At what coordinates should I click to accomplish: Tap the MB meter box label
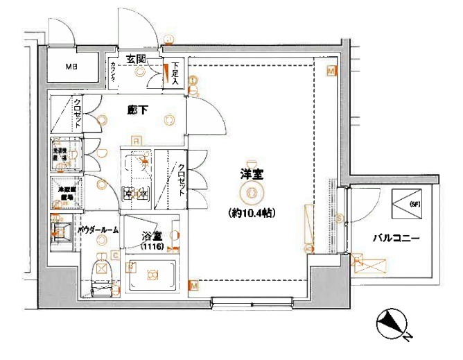pos(71,67)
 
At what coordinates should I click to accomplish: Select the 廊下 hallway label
pos(137,109)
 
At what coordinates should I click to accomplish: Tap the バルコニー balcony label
pos(396,238)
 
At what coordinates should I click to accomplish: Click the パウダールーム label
pos(98,229)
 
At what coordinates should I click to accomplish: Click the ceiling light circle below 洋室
pos(251,193)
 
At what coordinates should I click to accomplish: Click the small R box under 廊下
pos(137,140)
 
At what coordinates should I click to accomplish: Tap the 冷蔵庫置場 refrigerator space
pos(67,194)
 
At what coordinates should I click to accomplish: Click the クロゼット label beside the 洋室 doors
pos(181,178)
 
